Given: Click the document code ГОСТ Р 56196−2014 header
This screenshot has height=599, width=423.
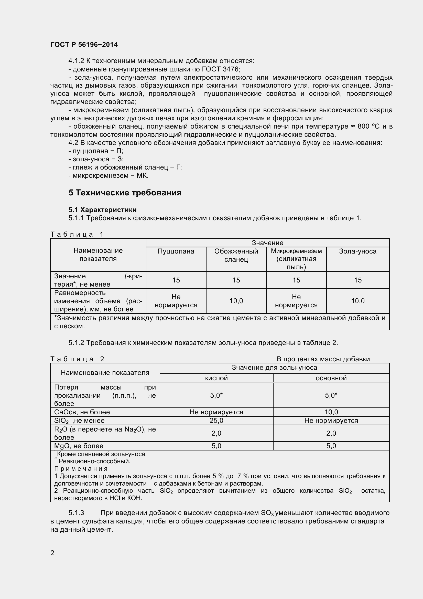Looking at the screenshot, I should [84, 45].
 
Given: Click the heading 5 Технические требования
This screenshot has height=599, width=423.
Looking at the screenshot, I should [125, 193].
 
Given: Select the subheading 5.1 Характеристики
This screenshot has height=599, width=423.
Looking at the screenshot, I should [102, 210].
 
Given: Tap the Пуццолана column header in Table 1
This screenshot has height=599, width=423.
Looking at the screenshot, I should [176, 251].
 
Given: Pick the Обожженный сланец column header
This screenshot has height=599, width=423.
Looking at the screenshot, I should [236, 255].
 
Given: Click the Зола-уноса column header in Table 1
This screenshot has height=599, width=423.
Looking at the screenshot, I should [357, 251].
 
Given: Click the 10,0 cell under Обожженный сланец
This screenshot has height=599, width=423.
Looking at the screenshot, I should [236, 301].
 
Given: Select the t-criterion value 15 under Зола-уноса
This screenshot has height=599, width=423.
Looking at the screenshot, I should [357, 280].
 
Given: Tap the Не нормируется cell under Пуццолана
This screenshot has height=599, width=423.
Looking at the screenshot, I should [176, 301].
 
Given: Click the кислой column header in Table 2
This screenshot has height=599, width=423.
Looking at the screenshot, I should [216, 378].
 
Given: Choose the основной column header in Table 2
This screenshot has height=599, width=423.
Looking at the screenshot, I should [331, 378].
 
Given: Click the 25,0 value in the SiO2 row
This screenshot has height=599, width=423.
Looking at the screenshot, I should [216, 420].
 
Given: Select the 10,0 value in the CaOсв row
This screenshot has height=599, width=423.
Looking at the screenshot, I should [331, 412].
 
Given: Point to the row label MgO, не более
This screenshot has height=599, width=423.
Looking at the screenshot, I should [79, 446].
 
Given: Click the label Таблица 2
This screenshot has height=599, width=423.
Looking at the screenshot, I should [77, 359].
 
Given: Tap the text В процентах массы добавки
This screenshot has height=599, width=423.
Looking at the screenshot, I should [323, 359].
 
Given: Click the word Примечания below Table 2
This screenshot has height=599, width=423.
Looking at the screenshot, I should [81, 469].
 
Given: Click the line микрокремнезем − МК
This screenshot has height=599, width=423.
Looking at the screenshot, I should [109, 175].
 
